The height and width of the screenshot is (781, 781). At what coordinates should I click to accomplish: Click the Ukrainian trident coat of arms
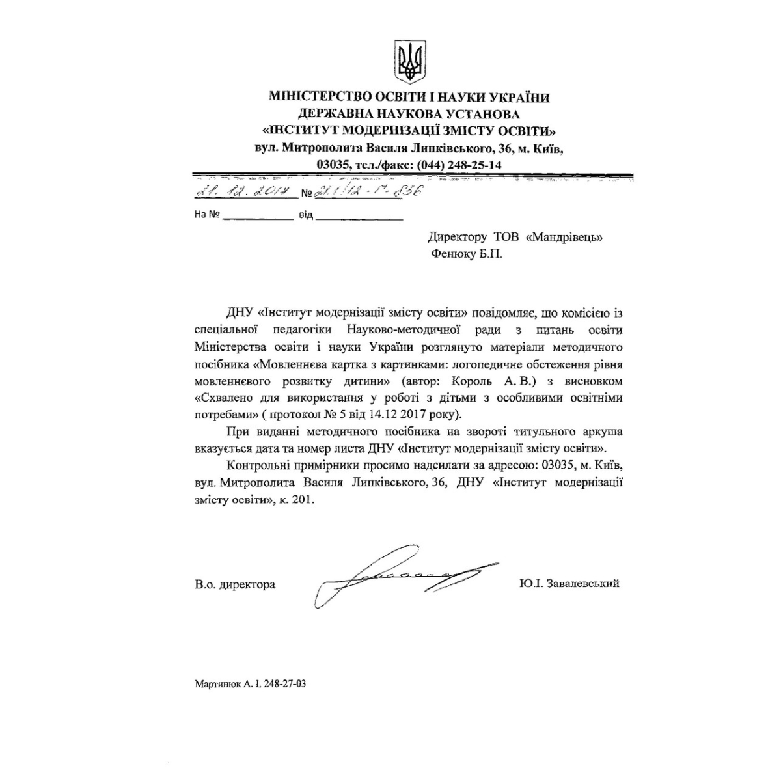tap(411, 62)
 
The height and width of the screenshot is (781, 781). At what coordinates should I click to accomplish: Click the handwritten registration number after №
tap(367, 191)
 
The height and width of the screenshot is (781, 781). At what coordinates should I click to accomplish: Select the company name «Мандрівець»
tap(564, 238)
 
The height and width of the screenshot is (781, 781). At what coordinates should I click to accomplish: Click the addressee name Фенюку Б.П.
tap(465, 254)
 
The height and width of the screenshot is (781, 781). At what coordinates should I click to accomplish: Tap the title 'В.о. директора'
tap(234, 584)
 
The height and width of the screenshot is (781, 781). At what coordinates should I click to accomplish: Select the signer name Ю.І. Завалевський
tap(569, 583)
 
